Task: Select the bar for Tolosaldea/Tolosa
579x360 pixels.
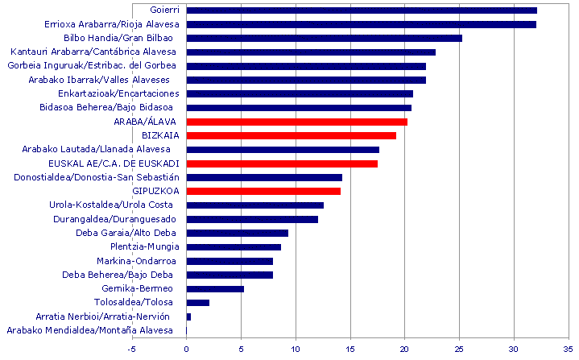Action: click(x=197, y=303)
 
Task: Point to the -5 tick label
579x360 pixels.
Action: click(x=132, y=350)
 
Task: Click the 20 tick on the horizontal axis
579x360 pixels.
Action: click(x=405, y=350)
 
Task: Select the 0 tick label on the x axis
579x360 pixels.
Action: click(x=187, y=350)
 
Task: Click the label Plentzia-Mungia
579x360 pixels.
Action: click(x=139, y=246)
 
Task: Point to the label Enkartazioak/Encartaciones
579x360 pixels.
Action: click(x=119, y=93)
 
